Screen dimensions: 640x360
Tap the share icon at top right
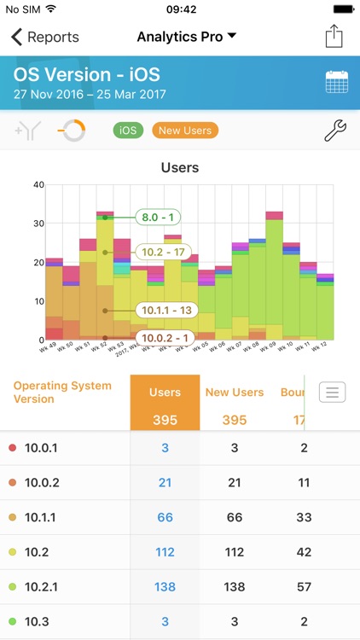[x=333, y=37]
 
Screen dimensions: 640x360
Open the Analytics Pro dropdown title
[x=187, y=37]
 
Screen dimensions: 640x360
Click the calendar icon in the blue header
[x=336, y=82]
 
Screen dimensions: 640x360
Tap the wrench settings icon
[x=336, y=131]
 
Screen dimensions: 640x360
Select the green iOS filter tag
[x=128, y=131]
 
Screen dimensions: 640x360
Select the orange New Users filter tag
[x=185, y=131]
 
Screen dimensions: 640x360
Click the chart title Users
[x=180, y=168]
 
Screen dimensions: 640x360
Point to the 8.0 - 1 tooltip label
[x=159, y=218]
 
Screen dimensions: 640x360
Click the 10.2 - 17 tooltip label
[x=163, y=253]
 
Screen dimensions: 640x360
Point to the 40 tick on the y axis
[x=38, y=184]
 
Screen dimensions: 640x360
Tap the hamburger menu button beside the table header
[x=332, y=393]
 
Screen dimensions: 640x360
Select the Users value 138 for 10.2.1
[x=165, y=588]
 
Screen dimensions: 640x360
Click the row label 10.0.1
[x=40, y=447]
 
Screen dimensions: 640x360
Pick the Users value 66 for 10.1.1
[x=165, y=517]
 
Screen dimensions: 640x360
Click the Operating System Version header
[x=51, y=393]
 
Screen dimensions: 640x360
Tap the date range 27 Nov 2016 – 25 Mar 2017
[x=90, y=95]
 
